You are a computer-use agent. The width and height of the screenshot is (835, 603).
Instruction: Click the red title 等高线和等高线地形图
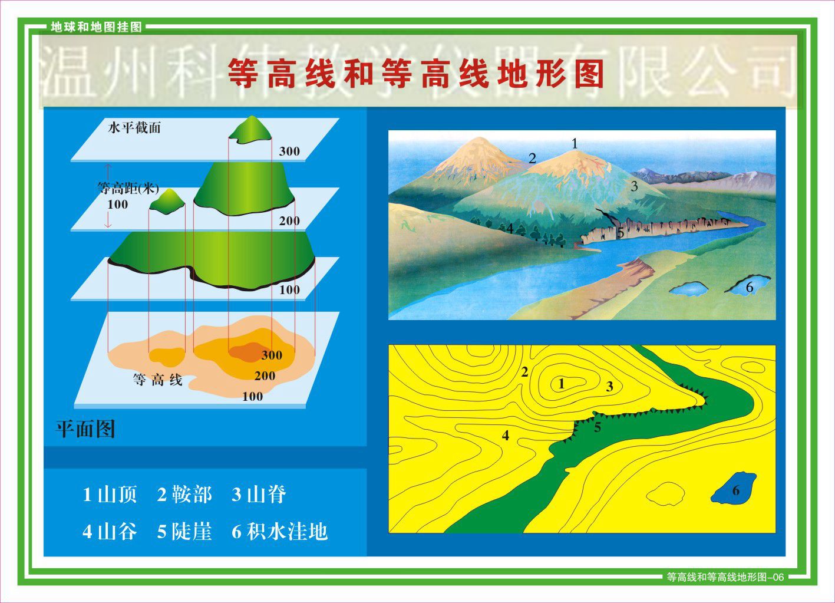click(x=416, y=74)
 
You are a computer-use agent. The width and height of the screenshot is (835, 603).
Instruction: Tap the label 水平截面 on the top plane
click(x=134, y=128)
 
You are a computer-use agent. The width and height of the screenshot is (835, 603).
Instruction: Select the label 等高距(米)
click(x=128, y=189)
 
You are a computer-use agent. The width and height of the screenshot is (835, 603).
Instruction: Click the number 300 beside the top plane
click(x=289, y=151)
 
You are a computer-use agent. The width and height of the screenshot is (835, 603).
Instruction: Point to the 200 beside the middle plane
click(x=289, y=221)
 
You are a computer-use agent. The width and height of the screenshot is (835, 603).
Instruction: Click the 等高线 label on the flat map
click(x=157, y=380)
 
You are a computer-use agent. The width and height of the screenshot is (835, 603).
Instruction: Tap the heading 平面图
click(x=85, y=429)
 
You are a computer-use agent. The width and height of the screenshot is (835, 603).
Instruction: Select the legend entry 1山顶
click(x=110, y=495)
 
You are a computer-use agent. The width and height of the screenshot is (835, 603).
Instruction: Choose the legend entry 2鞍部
click(x=184, y=495)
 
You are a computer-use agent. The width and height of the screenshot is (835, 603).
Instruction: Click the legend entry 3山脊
click(x=259, y=495)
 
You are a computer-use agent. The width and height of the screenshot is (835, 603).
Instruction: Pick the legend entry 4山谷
click(x=110, y=532)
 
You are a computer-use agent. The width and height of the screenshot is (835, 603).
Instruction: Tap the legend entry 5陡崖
click(x=184, y=532)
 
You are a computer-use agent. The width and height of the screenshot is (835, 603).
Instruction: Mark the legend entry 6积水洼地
click(x=280, y=532)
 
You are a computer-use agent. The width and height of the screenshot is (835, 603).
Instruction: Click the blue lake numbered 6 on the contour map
click(x=734, y=488)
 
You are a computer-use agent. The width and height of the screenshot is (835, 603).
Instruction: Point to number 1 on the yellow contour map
click(x=562, y=384)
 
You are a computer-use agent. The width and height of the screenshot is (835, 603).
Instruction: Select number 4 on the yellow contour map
click(x=505, y=436)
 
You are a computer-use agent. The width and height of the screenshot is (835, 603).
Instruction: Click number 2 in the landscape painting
click(x=532, y=159)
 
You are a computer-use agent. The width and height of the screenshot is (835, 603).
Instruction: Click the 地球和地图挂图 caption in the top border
click(x=97, y=27)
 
